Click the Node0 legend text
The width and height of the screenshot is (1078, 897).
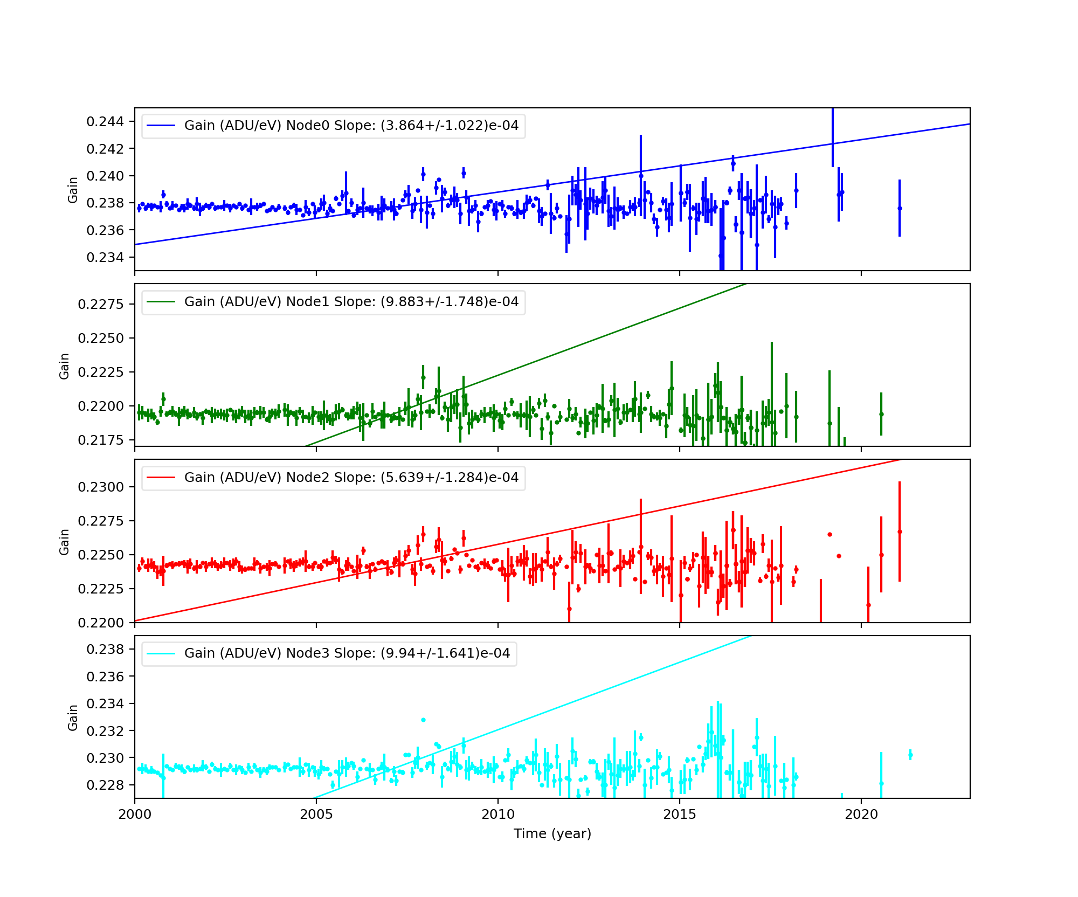tap(351, 126)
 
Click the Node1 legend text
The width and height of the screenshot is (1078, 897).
tap(351, 302)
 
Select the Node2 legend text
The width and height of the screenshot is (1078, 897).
tap(351, 478)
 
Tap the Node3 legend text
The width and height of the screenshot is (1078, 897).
tap(347, 653)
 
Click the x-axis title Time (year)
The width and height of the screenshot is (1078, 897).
tap(552, 834)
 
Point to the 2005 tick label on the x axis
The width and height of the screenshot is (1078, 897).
tap(316, 814)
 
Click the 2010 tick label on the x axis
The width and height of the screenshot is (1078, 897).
tap(497, 814)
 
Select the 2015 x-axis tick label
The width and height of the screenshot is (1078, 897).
tap(679, 814)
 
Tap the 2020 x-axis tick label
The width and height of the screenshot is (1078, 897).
tap(861, 814)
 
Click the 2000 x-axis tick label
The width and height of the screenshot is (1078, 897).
tap(135, 814)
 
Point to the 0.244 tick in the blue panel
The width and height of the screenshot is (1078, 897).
tap(105, 122)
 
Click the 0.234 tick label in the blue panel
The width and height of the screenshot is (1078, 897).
tap(105, 258)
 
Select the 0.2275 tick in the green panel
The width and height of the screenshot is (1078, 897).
tap(101, 305)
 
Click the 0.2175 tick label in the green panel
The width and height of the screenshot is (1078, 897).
tap(101, 440)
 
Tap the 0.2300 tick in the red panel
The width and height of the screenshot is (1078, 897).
tap(101, 487)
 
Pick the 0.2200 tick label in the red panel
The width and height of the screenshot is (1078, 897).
tap(101, 623)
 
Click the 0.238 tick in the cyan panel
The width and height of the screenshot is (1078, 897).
tap(105, 649)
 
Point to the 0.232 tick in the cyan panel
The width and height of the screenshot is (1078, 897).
tap(105, 731)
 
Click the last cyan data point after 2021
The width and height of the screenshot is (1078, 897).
tap(910, 755)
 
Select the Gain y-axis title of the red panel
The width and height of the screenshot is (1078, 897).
tap(65, 542)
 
